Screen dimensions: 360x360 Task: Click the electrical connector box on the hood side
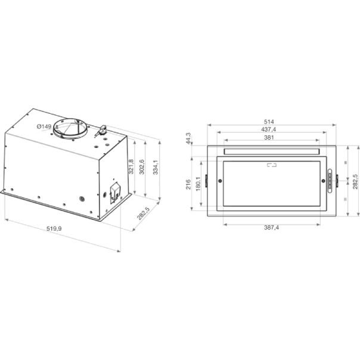coord(113,192)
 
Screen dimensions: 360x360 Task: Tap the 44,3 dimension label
coord(188,138)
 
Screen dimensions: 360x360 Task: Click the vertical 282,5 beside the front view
coord(355,182)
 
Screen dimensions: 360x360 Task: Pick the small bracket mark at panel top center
coord(272,165)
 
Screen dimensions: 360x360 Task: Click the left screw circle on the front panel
coord(221,181)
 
